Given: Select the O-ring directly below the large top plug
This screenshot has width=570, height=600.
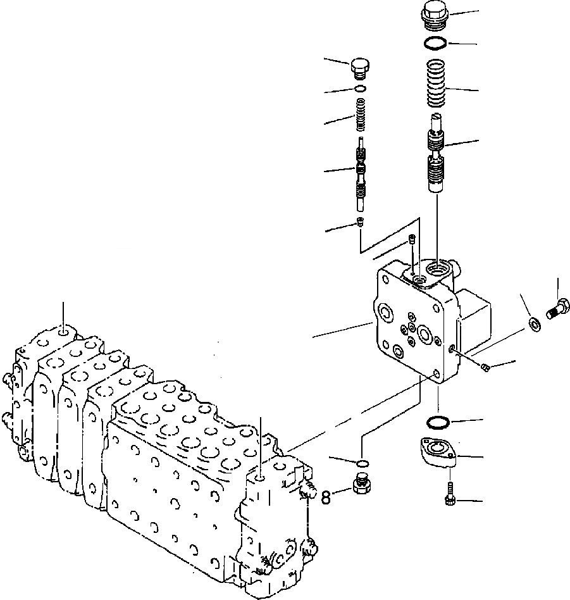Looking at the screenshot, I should coord(435,43).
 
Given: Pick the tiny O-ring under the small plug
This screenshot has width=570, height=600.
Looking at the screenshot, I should coord(359,89).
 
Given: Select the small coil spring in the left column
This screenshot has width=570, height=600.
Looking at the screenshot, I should coord(359,117).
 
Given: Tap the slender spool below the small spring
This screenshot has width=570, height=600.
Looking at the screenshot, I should coord(360,174).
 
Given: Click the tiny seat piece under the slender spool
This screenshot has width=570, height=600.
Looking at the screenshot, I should coord(360,221).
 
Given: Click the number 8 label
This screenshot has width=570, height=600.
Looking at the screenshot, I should coord(326,497).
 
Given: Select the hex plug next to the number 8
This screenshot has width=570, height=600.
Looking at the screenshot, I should coord(361,488).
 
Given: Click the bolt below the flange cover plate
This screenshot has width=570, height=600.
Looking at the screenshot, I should coord(449,494).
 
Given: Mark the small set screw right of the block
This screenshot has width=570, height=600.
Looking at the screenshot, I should coord(484,367).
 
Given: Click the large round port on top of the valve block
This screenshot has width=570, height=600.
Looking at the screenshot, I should coord(440,273).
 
